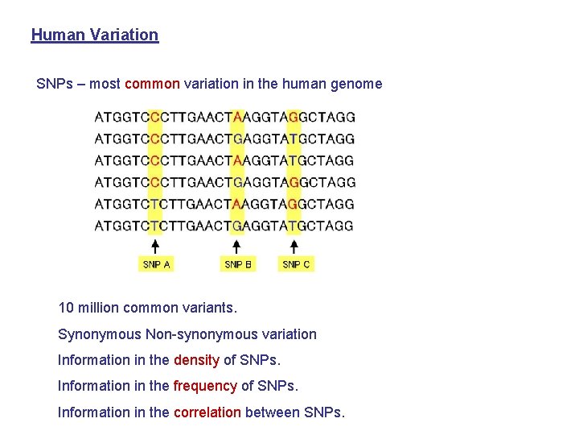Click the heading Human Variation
point(95,35)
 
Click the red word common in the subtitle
point(153,84)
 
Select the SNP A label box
point(156,264)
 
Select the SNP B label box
point(238,264)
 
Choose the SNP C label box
point(296,264)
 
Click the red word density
point(196,360)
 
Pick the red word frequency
point(205,386)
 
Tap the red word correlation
point(207,412)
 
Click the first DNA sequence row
point(225,117)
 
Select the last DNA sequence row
point(224,226)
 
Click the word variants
point(211,308)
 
